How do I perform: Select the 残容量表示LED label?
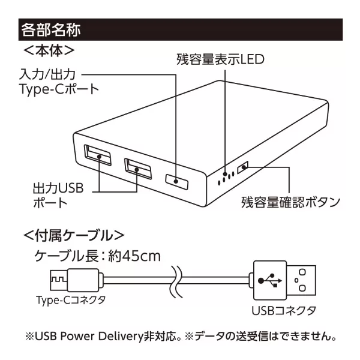[x=220, y=59]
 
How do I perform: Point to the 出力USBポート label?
[x=58, y=196]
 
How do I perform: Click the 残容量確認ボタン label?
[x=290, y=200]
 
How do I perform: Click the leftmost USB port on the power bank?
[x=98, y=156]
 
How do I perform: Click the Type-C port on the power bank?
[x=178, y=179]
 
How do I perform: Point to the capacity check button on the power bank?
[x=244, y=168]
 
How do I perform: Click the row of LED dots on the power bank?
[x=226, y=176]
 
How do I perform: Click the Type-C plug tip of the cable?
[x=58, y=279]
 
